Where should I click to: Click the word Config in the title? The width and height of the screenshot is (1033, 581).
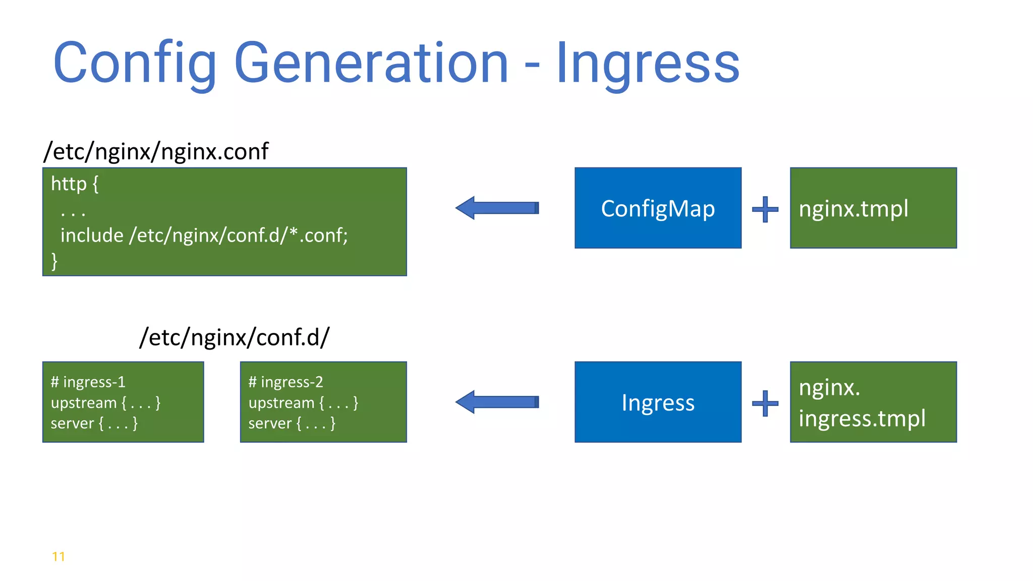pos(135,64)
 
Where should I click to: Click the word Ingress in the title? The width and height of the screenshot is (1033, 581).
pos(648,64)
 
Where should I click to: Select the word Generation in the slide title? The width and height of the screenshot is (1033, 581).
pos(371,64)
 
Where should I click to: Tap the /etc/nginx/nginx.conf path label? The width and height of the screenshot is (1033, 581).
pos(156,151)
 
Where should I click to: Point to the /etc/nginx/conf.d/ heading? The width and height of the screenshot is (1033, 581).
pos(235,337)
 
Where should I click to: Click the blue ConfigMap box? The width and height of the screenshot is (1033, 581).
pos(658,208)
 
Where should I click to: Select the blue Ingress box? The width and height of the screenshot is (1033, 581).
pos(658,402)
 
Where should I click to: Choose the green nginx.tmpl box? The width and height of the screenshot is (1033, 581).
pos(873,208)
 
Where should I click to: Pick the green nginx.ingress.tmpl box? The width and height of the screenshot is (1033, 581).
pos(873,402)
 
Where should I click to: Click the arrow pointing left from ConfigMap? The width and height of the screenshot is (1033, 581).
pos(497,208)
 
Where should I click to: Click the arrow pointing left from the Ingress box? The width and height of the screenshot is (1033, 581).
pos(497,402)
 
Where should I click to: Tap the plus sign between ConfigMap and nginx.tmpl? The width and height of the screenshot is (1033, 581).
pos(765,209)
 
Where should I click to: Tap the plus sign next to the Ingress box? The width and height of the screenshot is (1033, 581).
pos(765,403)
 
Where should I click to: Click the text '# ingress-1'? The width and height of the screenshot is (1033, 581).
pos(88,382)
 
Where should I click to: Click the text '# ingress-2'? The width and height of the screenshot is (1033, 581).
pos(285,382)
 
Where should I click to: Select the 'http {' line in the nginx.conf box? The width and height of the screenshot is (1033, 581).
pos(75,184)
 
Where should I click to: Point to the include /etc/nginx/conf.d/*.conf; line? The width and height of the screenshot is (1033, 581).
pos(204,236)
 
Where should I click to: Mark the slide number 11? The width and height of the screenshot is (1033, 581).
pos(59,556)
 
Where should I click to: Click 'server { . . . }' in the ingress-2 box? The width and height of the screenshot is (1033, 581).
pos(292,423)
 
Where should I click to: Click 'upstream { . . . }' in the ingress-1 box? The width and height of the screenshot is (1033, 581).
pos(105,402)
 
